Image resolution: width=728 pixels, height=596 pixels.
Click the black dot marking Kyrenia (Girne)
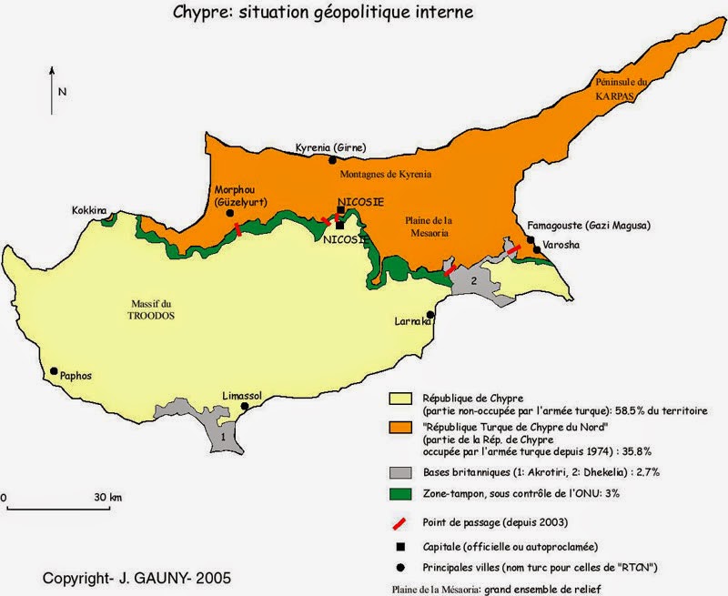(x=332, y=160)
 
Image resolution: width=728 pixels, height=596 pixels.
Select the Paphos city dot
(x=55, y=371)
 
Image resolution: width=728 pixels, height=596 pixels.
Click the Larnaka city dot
(x=430, y=314)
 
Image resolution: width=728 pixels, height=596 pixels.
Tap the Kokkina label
(x=89, y=210)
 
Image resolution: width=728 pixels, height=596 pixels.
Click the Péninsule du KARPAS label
(x=623, y=86)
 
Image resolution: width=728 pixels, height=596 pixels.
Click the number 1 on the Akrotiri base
(x=224, y=438)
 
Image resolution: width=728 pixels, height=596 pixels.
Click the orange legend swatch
(x=399, y=428)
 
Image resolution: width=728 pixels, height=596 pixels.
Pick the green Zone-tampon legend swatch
(x=399, y=493)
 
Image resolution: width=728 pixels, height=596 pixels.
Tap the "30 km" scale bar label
(x=108, y=498)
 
